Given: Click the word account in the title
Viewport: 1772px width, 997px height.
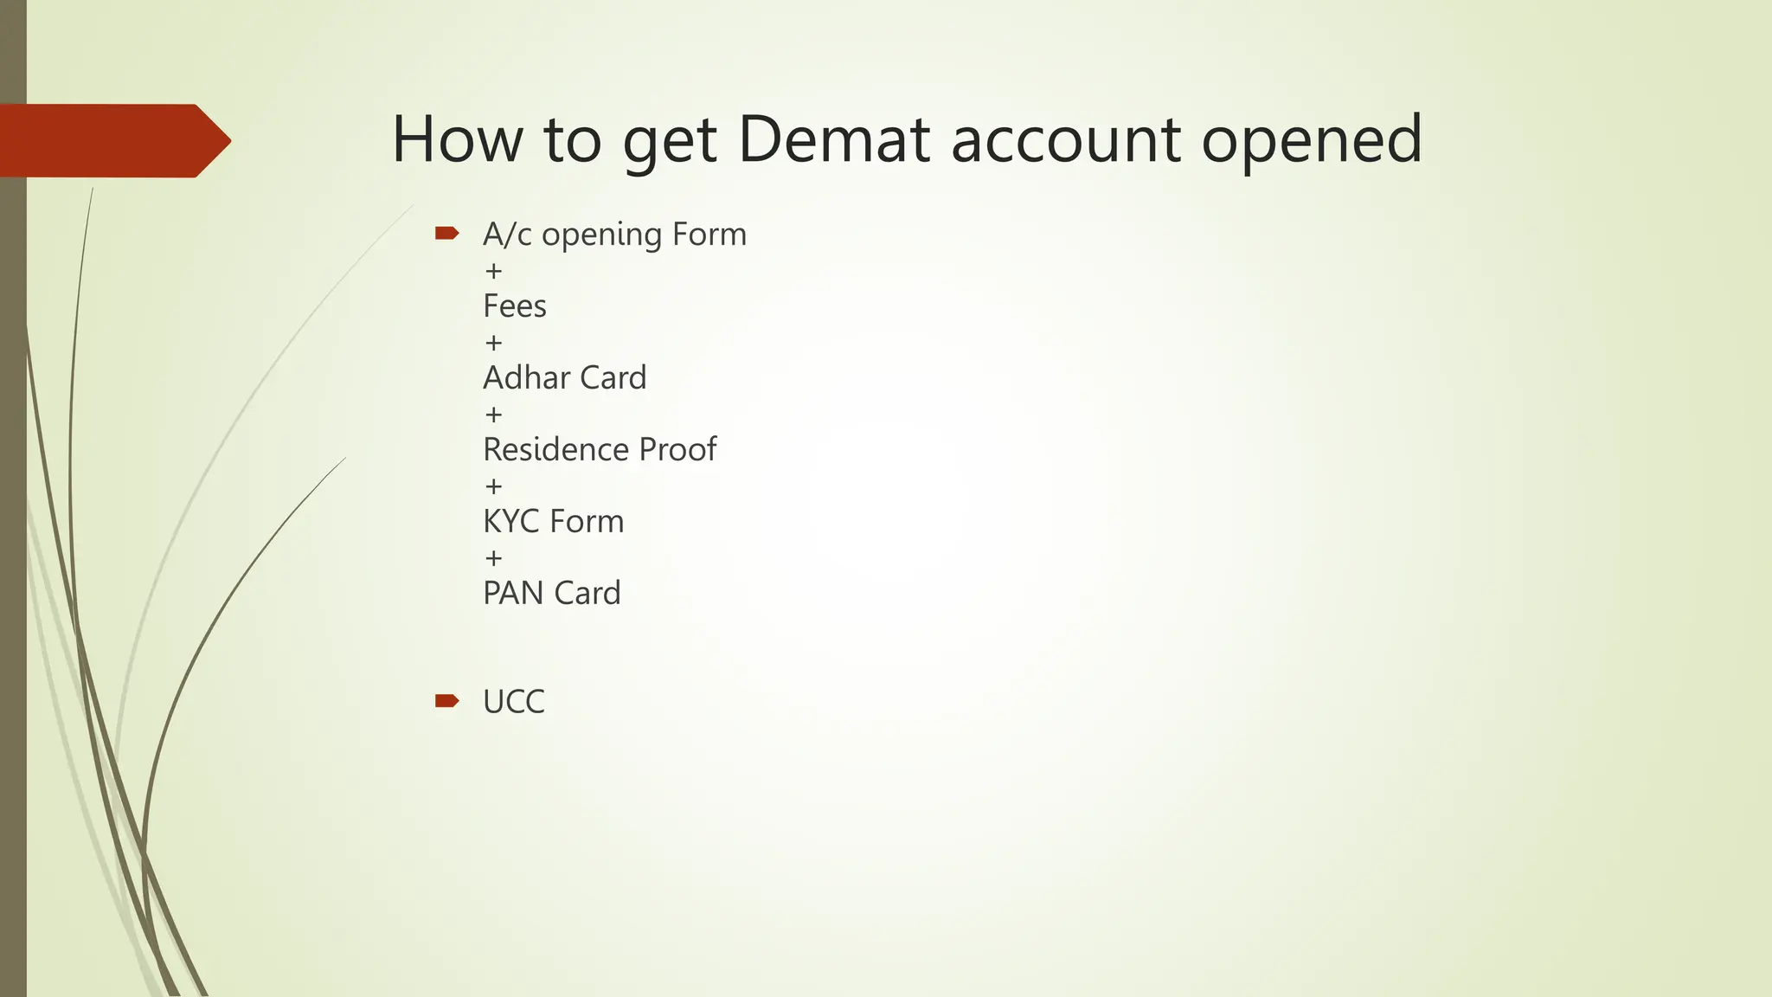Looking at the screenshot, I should pyautogui.click(x=1066, y=140).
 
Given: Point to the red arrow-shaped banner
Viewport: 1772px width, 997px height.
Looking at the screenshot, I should pyautogui.click(x=112, y=140).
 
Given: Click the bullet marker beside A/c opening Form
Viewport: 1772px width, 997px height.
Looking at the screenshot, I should pyautogui.click(x=446, y=233).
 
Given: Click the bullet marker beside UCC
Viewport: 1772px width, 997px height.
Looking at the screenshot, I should pyautogui.click(x=446, y=700).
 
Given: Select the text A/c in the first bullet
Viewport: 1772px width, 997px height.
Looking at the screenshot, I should pyautogui.click(x=507, y=235).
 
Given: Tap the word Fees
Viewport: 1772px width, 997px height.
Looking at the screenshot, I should pyautogui.click(x=515, y=306).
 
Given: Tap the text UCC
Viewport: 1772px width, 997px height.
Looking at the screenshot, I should pyautogui.click(x=514, y=702).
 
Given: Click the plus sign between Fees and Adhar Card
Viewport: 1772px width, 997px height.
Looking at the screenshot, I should pyautogui.click(x=494, y=343).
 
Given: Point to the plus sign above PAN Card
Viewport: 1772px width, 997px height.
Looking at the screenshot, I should pyautogui.click(x=494, y=558).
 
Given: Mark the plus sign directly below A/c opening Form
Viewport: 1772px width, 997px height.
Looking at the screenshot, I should pyautogui.click(x=494, y=271).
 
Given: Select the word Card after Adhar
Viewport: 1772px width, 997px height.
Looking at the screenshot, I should pyautogui.click(x=613, y=378).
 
